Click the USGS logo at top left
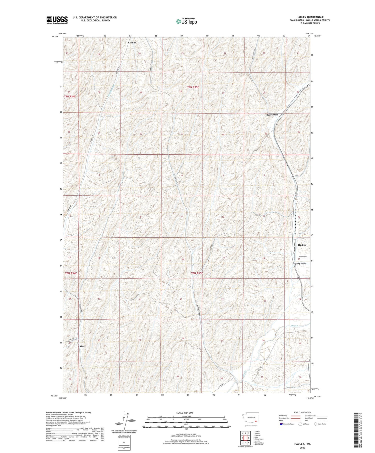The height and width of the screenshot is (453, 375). point(57,20)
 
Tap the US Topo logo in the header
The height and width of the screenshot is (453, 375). point(186,21)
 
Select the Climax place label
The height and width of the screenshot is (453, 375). point(132,42)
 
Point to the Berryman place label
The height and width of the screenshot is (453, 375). point(272,115)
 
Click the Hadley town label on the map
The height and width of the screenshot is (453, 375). point(302,245)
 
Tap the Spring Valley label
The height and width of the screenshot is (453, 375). point(300,264)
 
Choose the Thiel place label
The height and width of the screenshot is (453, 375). point(82,346)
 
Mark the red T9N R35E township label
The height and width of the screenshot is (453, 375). point(193,87)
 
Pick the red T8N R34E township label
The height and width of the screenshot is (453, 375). point(71,273)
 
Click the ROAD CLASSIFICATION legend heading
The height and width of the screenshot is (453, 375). point(302,412)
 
